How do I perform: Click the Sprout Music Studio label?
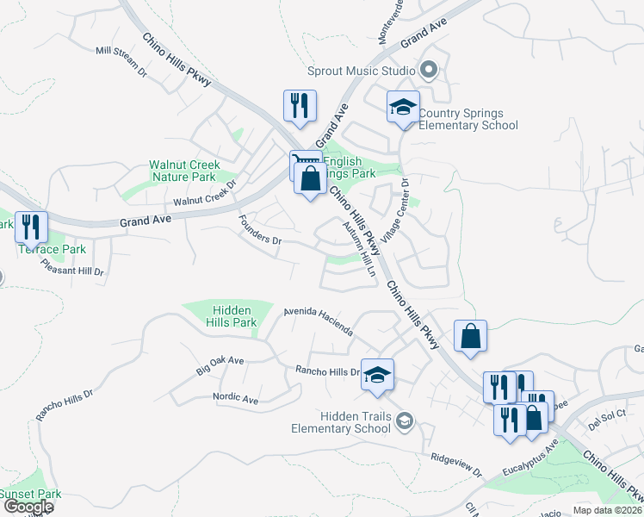362,71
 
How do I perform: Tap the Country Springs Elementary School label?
468,120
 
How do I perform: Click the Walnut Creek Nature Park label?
184,171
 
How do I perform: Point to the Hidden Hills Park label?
232,316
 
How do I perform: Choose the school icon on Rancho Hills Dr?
377,376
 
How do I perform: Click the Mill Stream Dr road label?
121,61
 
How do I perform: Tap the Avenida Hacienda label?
318,321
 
